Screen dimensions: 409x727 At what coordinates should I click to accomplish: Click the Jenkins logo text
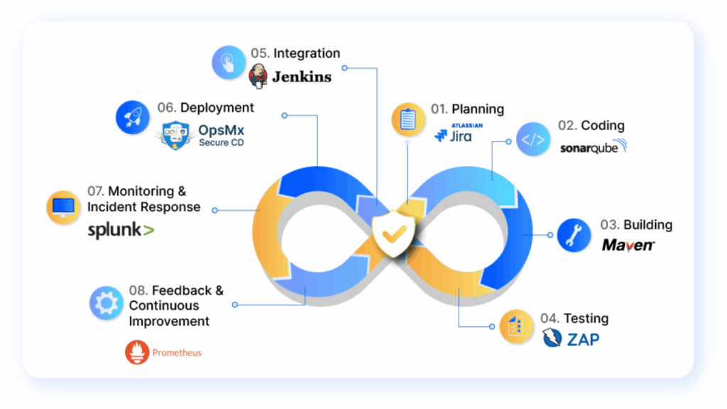click(301, 77)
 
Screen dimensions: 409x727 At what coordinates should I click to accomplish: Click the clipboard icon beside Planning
click(408, 119)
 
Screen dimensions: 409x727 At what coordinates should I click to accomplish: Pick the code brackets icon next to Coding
click(533, 139)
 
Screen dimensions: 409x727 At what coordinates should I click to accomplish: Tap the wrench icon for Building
click(574, 235)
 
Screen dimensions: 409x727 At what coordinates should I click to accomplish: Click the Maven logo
click(628, 245)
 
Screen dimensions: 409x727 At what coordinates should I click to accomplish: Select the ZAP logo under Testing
click(571, 339)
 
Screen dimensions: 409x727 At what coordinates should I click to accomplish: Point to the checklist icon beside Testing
click(517, 327)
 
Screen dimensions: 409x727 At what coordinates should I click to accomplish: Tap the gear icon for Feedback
click(106, 303)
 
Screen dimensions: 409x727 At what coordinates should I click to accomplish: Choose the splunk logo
click(121, 230)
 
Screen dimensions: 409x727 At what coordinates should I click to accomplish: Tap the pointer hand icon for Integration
click(229, 62)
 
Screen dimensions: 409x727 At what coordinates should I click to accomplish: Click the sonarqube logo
click(594, 147)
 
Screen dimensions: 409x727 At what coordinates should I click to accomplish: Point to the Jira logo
click(457, 133)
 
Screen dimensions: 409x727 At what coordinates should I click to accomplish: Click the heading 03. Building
click(636, 225)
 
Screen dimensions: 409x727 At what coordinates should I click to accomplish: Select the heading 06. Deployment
click(205, 108)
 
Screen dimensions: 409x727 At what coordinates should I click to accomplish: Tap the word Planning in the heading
click(478, 109)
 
